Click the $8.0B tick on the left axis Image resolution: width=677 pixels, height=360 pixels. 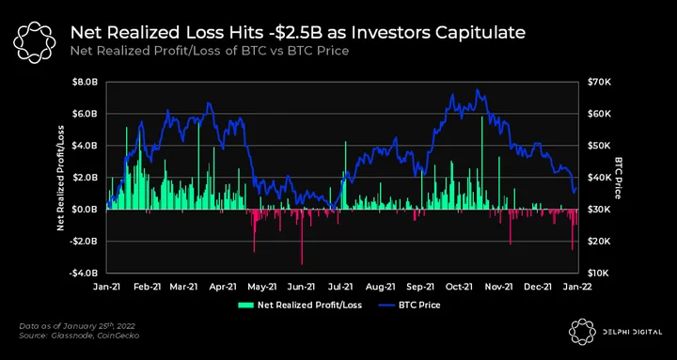coord(89,82)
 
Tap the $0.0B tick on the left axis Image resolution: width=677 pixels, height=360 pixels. coord(89,210)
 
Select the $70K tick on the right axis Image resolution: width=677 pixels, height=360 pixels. coord(597,82)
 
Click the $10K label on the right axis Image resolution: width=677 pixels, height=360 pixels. coord(597,274)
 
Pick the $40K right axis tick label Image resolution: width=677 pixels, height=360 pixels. coord(597,178)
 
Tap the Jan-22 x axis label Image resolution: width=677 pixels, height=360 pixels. coord(578,286)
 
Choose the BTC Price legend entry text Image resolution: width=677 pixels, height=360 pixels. coord(419,305)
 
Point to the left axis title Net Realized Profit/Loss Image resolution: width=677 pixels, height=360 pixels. coord(60,178)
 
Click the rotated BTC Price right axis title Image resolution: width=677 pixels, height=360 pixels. coord(618,178)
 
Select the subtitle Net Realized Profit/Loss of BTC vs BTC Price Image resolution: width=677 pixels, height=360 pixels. coord(210,51)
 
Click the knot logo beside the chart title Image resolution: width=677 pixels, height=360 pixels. coord(35,41)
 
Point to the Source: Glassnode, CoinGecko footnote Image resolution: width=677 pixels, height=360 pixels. coord(79,336)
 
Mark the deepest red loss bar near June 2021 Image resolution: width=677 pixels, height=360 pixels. coord(302,237)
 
